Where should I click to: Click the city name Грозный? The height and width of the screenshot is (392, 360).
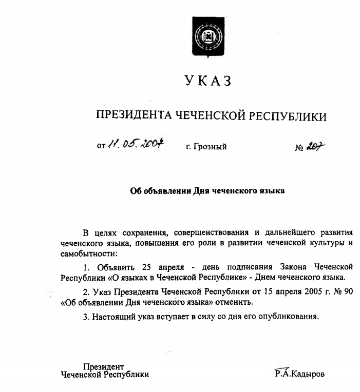click(x=206, y=147)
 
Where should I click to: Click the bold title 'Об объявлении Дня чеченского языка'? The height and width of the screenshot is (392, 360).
click(x=208, y=191)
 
